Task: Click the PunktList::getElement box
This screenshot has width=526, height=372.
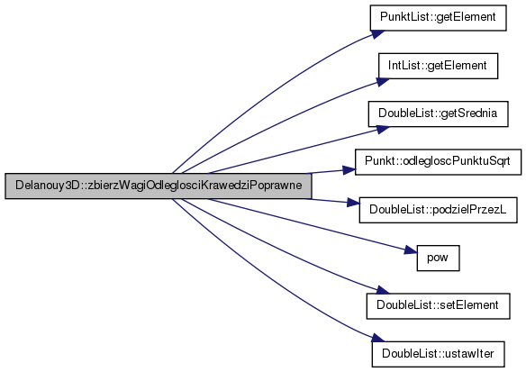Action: click(x=438, y=18)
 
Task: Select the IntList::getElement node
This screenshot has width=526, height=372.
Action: click(x=438, y=66)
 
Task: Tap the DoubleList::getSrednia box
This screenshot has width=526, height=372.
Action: click(x=438, y=113)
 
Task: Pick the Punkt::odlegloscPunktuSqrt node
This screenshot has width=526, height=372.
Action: click(x=438, y=162)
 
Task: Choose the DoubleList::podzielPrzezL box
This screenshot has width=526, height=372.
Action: click(x=438, y=210)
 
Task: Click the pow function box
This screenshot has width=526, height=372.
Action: click(x=438, y=258)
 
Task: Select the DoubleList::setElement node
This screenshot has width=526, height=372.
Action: click(x=438, y=306)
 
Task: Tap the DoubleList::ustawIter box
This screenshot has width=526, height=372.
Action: click(x=438, y=354)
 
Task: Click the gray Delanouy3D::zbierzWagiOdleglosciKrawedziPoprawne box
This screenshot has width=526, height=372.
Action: click(x=158, y=186)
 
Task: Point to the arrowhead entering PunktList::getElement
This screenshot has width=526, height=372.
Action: click(x=378, y=34)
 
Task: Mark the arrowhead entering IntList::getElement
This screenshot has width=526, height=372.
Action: click(x=383, y=82)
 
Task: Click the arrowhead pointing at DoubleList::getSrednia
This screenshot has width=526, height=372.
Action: click(x=383, y=130)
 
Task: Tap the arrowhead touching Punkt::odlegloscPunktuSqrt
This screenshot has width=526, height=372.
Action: click(x=349, y=169)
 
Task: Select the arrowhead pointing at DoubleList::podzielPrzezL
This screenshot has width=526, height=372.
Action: click(x=353, y=203)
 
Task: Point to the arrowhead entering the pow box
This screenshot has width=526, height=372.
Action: click(x=411, y=250)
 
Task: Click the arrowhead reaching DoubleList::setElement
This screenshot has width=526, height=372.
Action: click(x=383, y=290)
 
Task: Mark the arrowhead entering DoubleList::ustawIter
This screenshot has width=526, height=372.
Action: click(x=378, y=338)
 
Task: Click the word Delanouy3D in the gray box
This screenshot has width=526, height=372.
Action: click(x=47, y=186)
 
